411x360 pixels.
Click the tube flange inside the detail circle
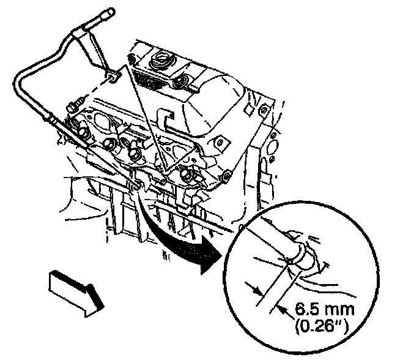[x=302, y=257]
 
